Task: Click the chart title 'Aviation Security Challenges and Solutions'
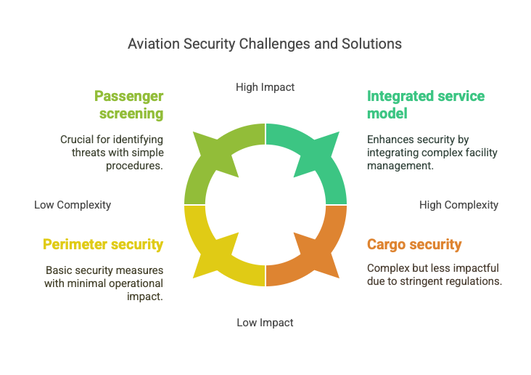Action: pyautogui.click(x=265, y=44)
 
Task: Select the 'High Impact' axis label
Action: pyautogui.click(x=265, y=87)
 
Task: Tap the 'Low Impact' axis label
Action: pyautogui.click(x=265, y=323)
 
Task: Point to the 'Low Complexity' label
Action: pyautogui.click(x=73, y=205)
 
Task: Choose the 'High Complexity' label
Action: pyautogui.click(x=458, y=205)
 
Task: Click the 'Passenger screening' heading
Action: pyautogui.click(x=129, y=105)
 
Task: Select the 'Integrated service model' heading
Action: pyautogui.click(x=426, y=105)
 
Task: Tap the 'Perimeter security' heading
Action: pyautogui.click(x=103, y=244)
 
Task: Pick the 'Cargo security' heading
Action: pyautogui.click(x=414, y=244)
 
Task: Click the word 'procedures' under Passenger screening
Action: pyautogui.click(x=133, y=166)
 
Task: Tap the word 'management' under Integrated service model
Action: pyautogui.click(x=399, y=166)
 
